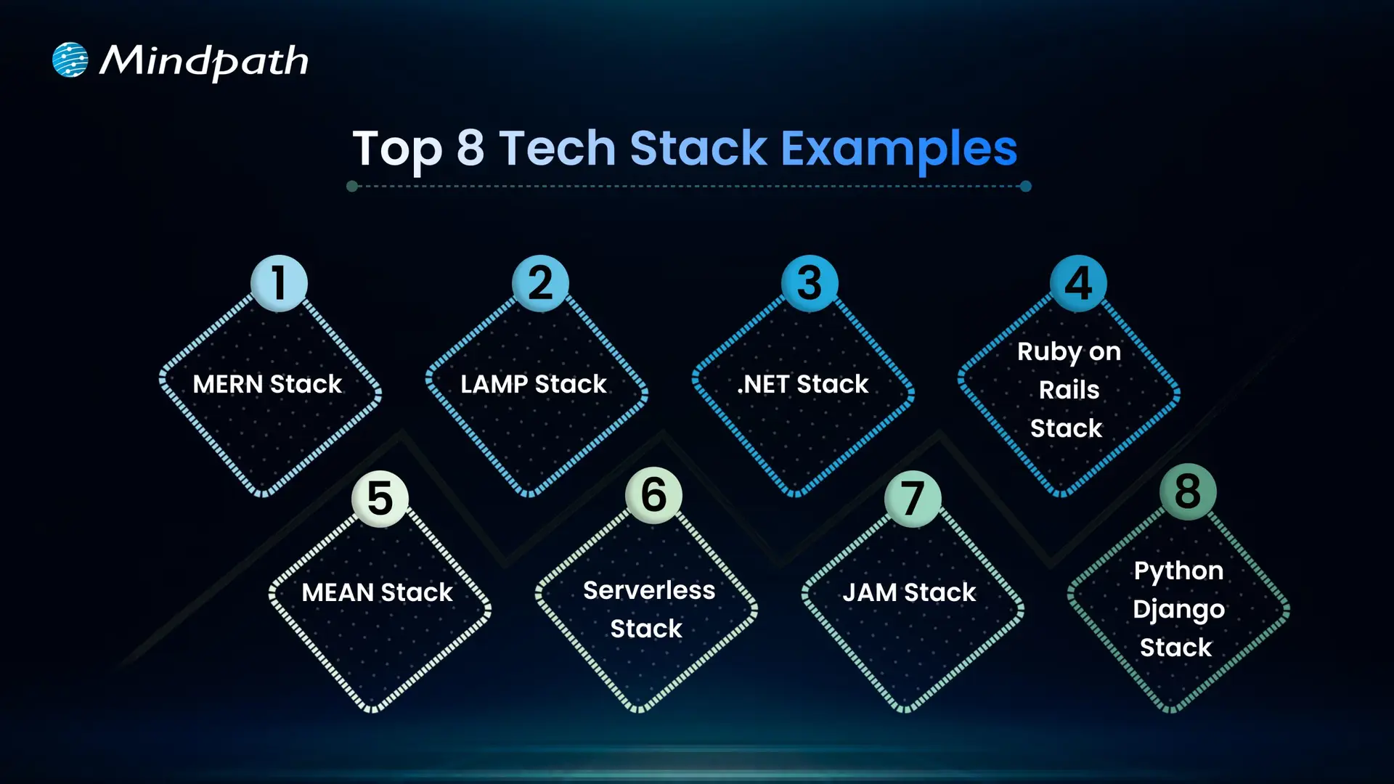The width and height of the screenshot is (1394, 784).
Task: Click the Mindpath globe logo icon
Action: [70, 60]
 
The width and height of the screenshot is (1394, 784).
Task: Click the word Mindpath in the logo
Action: [204, 61]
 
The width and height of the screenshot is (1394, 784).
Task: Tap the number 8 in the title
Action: [470, 148]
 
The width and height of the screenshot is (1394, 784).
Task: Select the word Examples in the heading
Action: [898, 148]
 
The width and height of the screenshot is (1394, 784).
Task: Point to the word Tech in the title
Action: [557, 148]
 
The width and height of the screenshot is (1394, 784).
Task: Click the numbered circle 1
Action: [279, 283]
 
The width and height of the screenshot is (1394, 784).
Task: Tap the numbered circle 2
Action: [540, 283]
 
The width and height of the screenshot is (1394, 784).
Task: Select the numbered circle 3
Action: [810, 283]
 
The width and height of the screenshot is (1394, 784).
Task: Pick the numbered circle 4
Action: [1078, 283]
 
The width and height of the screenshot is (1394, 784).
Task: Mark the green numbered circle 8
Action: [1188, 491]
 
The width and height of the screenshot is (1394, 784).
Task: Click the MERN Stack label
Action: [267, 384]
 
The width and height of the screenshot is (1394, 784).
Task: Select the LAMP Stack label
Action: [534, 384]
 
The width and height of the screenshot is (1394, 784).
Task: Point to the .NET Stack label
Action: [802, 384]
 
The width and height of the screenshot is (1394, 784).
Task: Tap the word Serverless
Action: [649, 590]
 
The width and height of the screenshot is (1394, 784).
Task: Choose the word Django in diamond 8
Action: [1178, 610]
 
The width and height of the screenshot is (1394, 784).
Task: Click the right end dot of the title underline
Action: [1025, 187]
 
